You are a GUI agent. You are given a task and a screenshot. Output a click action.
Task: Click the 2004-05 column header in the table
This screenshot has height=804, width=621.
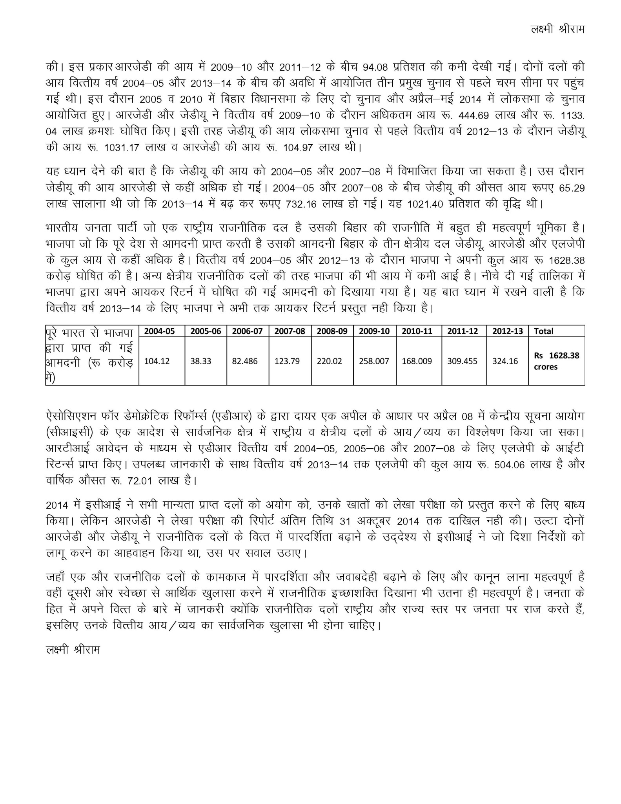pyautogui.click(x=159, y=331)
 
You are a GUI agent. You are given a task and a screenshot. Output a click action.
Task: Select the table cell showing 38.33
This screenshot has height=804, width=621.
pyautogui.click(x=201, y=361)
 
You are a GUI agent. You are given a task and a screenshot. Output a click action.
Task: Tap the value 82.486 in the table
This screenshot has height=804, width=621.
pyautogui.click(x=245, y=361)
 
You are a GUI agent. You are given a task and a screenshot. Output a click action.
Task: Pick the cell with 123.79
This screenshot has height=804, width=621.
pyautogui.click(x=287, y=361)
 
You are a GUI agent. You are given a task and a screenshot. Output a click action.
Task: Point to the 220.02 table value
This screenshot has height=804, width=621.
pyautogui.click(x=330, y=361)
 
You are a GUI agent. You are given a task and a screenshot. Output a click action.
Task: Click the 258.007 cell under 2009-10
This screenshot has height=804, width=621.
pyautogui.click(x=374, y=361)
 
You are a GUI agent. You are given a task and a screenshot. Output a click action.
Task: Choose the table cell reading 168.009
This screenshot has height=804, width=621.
pyautogui.click(x=417, y=361)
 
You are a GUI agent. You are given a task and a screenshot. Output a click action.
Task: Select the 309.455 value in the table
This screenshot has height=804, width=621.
pyautogui.click(x=462, y=361)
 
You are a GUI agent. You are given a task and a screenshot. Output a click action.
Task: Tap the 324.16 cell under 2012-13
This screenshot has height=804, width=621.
pyautogui.click(x=505, y=361)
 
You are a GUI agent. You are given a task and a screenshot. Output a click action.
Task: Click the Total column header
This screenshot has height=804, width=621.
pyautogui.click(x=543, y=331)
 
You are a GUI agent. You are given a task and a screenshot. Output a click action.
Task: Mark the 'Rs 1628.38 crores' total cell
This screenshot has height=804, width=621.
pyautogui.click(x=556, y=361)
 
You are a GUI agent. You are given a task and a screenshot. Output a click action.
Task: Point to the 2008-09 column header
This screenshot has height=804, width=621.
pyautogui.click(x=332, y=331)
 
